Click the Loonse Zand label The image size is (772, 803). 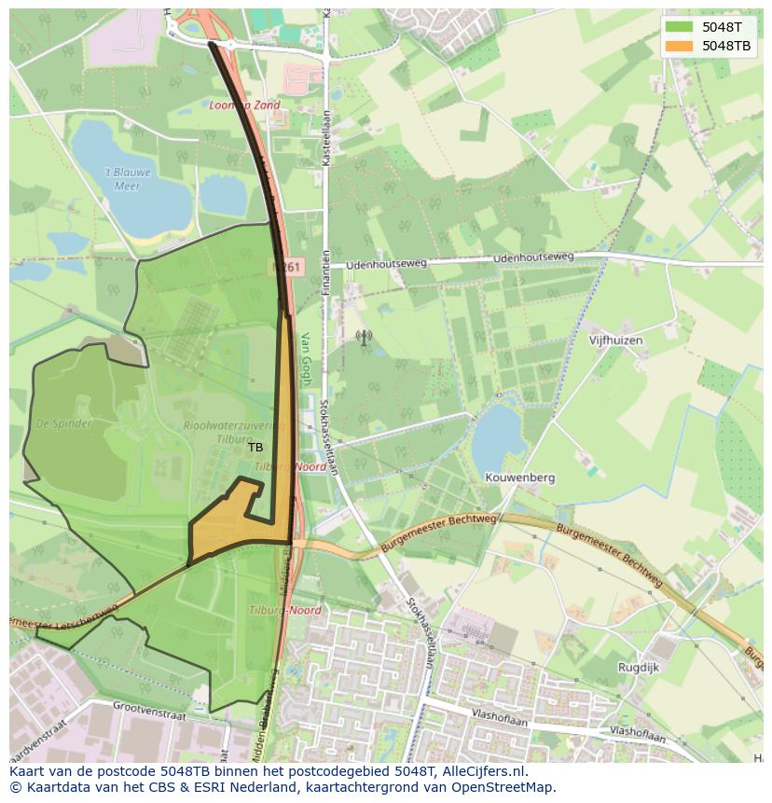244,105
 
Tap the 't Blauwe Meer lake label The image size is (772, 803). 127,179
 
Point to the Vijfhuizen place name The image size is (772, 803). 615,340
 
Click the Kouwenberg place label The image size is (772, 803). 519,478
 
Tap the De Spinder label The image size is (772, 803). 64,423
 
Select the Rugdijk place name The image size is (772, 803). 638,667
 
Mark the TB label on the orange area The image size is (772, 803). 255,448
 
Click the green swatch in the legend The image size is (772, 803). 680,27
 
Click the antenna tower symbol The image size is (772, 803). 364,337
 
